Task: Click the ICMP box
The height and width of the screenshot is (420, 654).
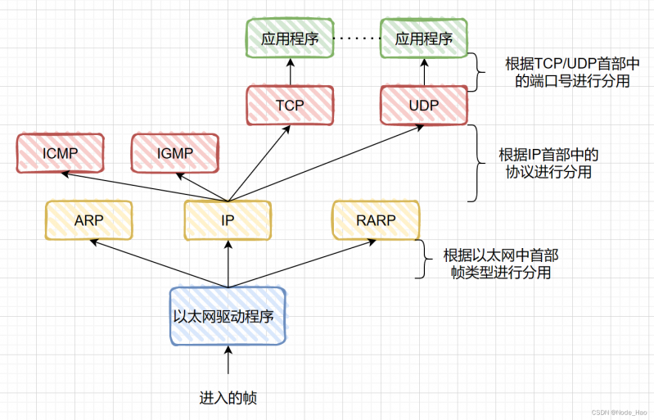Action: click(x=60, y=153)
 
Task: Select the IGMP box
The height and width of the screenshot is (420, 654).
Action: click(x=175, y=153)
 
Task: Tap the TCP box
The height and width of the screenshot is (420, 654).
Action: click(x=290, y=106)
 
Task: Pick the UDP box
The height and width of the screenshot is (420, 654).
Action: click(x=423, y=106)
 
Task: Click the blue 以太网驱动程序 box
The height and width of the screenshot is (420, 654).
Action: click(x=228, y=315)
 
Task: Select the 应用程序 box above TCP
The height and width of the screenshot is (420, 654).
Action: click(x=290, y=38)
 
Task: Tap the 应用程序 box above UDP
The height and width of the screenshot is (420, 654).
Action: click(x=423, y=38)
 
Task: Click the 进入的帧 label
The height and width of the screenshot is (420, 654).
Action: click(x=228, y=398)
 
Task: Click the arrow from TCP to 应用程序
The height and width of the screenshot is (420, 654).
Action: click(x=290, y=72)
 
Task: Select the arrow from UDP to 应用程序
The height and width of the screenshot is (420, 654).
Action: click(x=423, y=72)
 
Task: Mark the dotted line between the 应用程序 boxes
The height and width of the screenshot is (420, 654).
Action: click(x=357, y=38)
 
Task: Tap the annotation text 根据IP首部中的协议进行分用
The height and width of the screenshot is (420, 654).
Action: click(x=549, y=163)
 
